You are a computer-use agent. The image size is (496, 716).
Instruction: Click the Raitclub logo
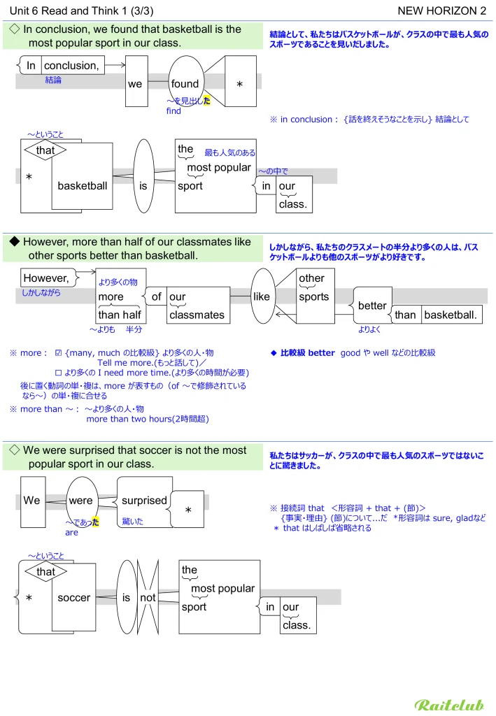pyautogui.click(x=449, y=704)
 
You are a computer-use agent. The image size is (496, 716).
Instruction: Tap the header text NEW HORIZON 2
pyautogui.click(x=441, y=10)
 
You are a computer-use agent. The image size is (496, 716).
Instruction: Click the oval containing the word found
pyautogui.click(x=185, y=83)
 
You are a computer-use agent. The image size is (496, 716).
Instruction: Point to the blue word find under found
pyautogui.click(x=173, y=111)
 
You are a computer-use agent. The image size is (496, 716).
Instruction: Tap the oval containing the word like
pyautogui.click(x=262, y=296)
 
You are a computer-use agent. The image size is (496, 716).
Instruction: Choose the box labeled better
pyautogui.click(x=372, y=306)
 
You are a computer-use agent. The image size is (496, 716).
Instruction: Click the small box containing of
pyautogui.click(x=157, y=296)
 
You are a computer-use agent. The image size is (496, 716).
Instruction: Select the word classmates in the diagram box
pyautogui.click(x=197, y=315)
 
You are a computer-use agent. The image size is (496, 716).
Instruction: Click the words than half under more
pyautogui.click(x=120, y=315)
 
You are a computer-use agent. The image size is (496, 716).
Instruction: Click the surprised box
pyautogui.click(x=144, y=501)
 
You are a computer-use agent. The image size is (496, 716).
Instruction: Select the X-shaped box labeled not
pyautogui.click(x=148, y=598)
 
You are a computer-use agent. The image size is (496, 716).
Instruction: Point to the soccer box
pyautogui.click(x=73, y=598)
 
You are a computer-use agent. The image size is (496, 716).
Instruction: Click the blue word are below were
pyautogui.click(x=71, y=533)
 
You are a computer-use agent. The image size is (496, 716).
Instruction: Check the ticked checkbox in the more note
pyautogui.click(x=59, y=353)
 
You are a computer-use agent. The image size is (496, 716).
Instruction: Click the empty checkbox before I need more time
pyautogui.click(x=59, y=373)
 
